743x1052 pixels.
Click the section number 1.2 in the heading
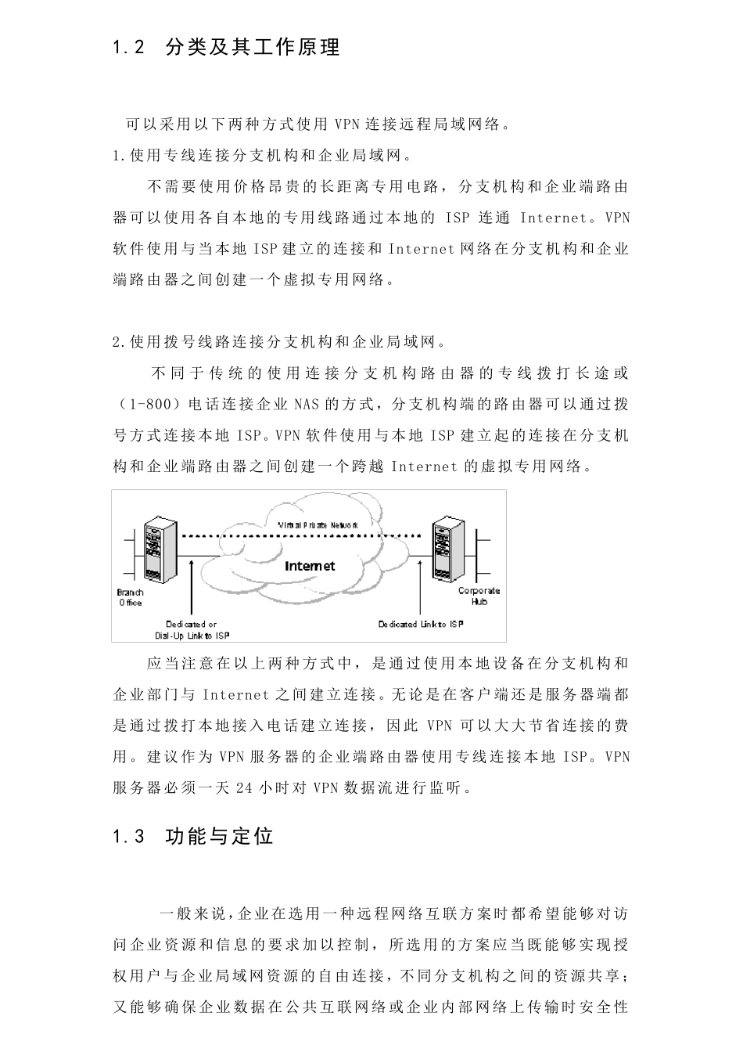click(x=129, y=48)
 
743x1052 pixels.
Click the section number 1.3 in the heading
click(x=129, y=837)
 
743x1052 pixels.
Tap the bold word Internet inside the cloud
click(x=310, y=566)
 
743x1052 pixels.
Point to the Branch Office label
click(x=131, y=597)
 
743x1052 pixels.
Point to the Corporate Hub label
click(x=479, y=596)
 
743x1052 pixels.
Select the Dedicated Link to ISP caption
click(x=421, y=624)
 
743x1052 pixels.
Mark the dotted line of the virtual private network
click(x=305, y=535)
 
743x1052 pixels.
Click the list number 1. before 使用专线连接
click(x=119, y=156)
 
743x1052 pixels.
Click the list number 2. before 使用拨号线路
click(x=119, y=342)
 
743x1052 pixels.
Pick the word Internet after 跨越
click(x=423, y=467)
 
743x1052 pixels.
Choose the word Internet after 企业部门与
click(x=235, y=694)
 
